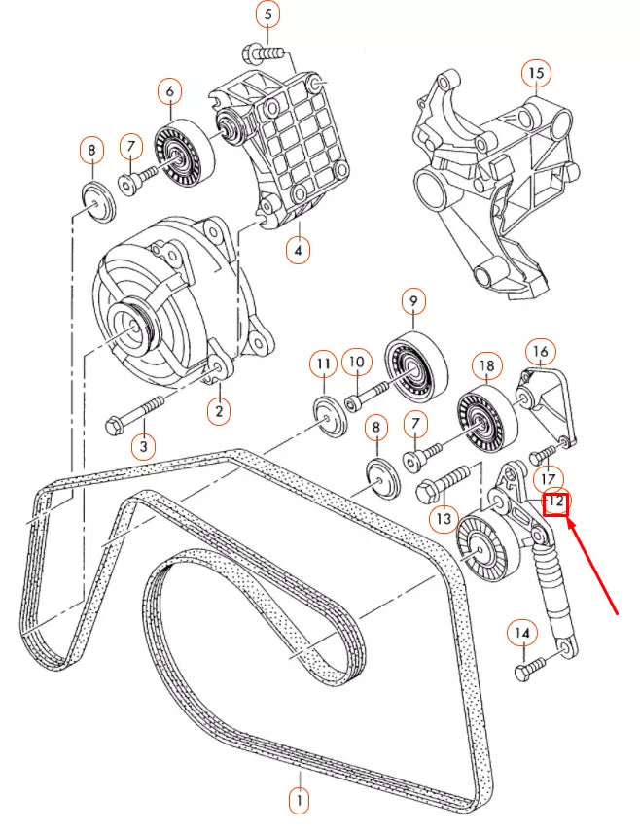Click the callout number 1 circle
tap(301, 802)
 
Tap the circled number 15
tap(534, 72)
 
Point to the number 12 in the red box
tap(555, 502)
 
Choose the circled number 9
tap(412, 303)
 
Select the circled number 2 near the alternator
tap(220, 411)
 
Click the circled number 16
tap(540, 351)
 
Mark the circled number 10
tap(356, 363)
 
